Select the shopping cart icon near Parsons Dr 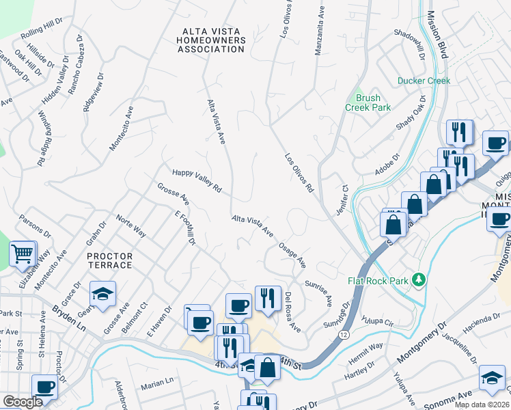[23, 254]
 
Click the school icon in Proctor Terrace [102, 295]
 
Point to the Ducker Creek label [424, 81]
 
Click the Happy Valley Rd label [197, 180]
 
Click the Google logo [23, 402]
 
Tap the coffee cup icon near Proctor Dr [45, 387]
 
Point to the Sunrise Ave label [319, 292]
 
